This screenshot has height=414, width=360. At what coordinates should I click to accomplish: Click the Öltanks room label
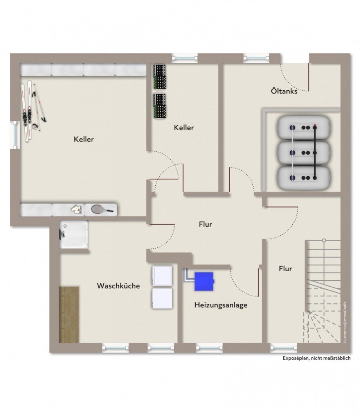tap(284, 91)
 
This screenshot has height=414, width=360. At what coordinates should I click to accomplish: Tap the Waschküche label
tap(118, 286)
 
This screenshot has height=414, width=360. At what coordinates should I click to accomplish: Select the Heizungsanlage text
tap(221, 305)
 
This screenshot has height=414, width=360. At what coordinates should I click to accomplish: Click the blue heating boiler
tap(204, 281)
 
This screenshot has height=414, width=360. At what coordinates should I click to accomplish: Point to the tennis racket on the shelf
tap(102, 210)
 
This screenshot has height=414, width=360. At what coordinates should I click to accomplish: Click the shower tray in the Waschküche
tap(74, 235)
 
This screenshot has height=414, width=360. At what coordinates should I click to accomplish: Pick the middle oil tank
tap(304, 152)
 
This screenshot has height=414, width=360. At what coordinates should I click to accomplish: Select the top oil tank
tap(304, 128)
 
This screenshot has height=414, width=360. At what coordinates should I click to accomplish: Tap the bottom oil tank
tap(304, 178)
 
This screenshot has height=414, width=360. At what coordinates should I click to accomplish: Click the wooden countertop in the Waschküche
tap(69, 315)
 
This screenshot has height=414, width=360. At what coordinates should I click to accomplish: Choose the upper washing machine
tap(162, 275)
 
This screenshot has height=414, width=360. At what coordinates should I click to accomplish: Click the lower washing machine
tap(162, 298)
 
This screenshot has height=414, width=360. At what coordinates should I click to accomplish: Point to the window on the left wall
tap(16, 135)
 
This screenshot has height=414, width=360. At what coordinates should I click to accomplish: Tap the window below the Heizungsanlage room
tap(209, 348)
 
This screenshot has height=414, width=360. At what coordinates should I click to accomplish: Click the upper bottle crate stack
tap(159, 77)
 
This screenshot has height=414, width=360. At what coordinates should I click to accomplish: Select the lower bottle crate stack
tap(159, 106)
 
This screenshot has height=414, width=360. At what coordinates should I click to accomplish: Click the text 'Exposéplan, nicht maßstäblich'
tap(317, 358)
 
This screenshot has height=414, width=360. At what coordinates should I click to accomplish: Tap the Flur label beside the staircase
tap(285, 269)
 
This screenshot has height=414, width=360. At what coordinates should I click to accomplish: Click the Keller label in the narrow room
tap(184, 128)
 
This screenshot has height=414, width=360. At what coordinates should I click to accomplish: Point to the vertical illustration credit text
tap(345, 323)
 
